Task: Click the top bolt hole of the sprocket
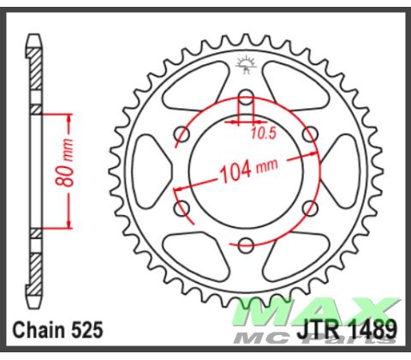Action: click(x=246, y=95)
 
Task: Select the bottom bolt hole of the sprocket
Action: click(x=246, y=244)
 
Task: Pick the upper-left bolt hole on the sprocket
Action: click(x=182, y=133)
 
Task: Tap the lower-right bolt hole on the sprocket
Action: click(x=310, y=207)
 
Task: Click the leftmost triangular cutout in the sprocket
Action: click(x=152, y=170)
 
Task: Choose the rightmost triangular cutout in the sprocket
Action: click(x=340, y=170)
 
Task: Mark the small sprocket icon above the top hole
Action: click(x=246, y=62)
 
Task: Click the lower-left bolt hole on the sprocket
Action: click(x=182, y=207)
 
